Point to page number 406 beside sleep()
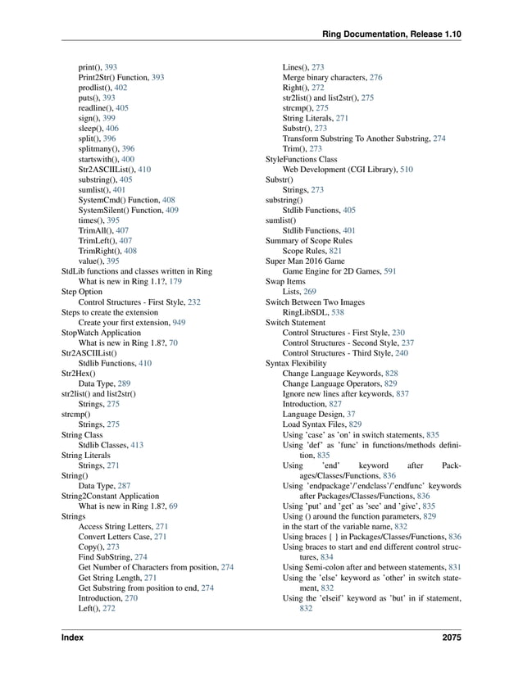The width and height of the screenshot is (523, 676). pyautogui.click(x=112, y=129)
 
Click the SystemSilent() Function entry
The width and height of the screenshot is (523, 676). pyautogui.click(x=122, y=210)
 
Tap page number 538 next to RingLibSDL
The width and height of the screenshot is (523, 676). pyautogui.click(x=339, y=312)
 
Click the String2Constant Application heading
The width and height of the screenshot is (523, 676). pyautogui.click(x=109, y=495)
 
